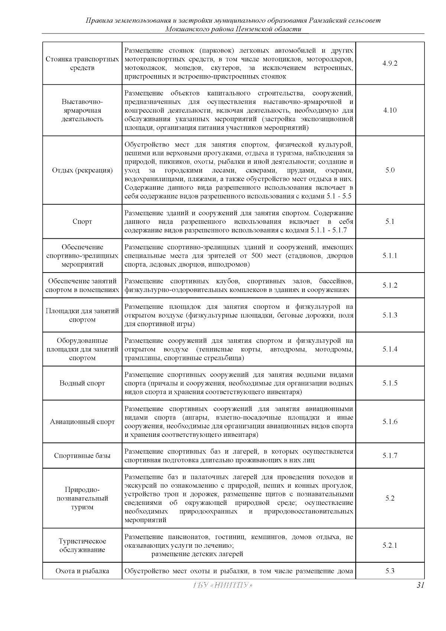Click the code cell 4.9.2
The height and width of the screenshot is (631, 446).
[x=390, y=63]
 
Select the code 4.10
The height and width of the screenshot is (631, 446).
[x=390, y=110]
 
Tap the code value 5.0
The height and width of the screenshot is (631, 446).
[x=390, y=170]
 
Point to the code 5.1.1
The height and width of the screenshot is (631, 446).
[x=390, y=256]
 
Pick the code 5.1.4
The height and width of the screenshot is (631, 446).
[x=390, y=349]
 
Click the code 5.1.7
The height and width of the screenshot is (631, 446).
[x=390, y=455]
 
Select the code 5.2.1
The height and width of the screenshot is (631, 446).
[x=390, y=545]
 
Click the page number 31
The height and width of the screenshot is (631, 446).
[x=420, y=585]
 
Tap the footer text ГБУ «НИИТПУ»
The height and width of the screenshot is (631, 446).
[x=223, y=585]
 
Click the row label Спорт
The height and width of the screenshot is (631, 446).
[x=82, y=222]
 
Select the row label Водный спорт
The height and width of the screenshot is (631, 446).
[x=82, y=383]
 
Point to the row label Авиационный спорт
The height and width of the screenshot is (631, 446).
[x=82, y=422]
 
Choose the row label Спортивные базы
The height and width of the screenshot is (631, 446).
[x=82, y=455]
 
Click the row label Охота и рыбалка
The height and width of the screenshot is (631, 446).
[x=82, y=571]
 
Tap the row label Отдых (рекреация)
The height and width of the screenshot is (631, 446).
[x=82, y=170]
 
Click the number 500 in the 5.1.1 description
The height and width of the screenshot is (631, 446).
[x=257, y=256]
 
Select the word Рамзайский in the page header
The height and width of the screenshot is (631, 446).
[x=327, y=20]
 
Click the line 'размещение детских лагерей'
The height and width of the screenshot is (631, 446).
[x=197, y=554]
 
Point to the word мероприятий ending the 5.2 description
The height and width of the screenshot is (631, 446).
[x=145, y=520]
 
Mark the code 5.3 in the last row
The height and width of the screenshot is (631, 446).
[x=390, y=571]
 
